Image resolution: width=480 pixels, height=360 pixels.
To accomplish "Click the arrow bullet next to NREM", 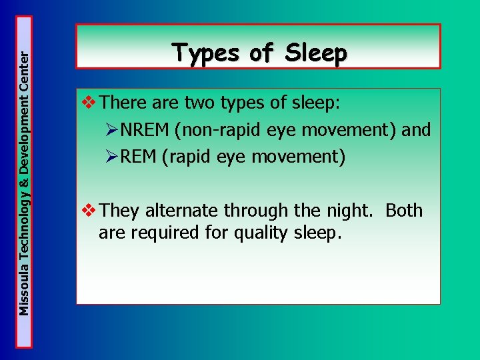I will point(110,130).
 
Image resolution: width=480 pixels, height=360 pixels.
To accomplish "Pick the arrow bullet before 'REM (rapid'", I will point(110,157).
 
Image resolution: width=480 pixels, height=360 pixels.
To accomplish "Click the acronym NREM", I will point(143,130).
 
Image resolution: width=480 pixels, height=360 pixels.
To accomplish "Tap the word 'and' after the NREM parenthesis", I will point(416,130).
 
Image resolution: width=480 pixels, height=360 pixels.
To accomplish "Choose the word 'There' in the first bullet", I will point(123,103).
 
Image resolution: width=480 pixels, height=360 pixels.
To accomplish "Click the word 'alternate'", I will point(182,211).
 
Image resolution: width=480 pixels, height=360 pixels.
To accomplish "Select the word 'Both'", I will point(404,211).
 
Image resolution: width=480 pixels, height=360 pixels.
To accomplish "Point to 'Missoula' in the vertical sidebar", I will point(24,289).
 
